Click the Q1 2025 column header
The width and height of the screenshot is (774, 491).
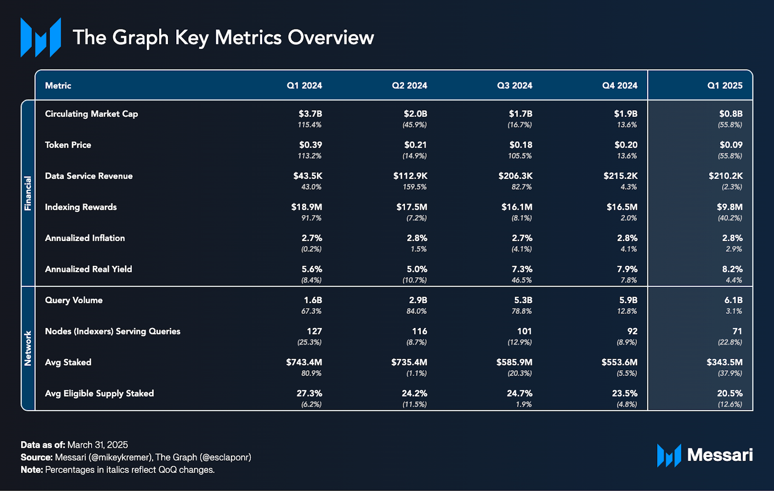click(725, 86)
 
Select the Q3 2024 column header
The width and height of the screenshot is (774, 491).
click(514, 86)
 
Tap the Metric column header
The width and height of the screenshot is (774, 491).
click(58, 86)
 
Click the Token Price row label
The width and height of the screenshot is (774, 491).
click(68, 145)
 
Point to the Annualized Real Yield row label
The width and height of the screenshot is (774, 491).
click(88, 269)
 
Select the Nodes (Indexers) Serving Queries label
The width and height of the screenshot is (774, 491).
click(112, 331)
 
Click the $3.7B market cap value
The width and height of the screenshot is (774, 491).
click(310, 114)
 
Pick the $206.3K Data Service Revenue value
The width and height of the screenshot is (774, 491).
click(515, 176)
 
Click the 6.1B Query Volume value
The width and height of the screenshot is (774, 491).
click(733, 300)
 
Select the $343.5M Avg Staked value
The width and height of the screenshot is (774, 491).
click(724, 362)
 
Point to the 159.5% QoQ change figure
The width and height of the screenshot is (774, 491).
click(414, 187)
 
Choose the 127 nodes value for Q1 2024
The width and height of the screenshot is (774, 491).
click(314, 331)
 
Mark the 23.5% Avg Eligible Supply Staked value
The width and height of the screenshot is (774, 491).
click(625, 394)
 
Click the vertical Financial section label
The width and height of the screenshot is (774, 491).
click(28, 193)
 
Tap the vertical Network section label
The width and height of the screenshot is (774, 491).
click(28, 348)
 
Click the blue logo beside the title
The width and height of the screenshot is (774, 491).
click(41, 37)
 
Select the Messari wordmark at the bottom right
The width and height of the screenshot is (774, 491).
click(719, 455)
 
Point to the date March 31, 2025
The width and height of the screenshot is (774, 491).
click(97, 445)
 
